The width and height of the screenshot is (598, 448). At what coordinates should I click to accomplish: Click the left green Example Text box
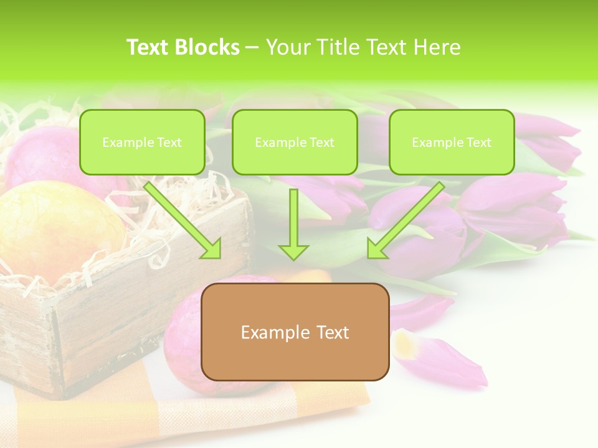pos(142,142)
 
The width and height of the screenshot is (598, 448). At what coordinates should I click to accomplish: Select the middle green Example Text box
pos(295,142)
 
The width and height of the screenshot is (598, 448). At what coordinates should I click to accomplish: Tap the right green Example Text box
pos(452,142)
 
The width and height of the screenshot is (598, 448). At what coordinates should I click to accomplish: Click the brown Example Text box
pos(295,332)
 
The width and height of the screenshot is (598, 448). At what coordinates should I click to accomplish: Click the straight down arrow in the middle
pos(293,224)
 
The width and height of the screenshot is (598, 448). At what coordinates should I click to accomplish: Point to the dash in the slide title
pos(252,47)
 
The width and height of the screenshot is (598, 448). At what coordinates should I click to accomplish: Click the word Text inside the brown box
pos(331,332)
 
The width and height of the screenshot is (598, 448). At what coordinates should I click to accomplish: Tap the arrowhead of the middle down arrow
pos(293,251)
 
